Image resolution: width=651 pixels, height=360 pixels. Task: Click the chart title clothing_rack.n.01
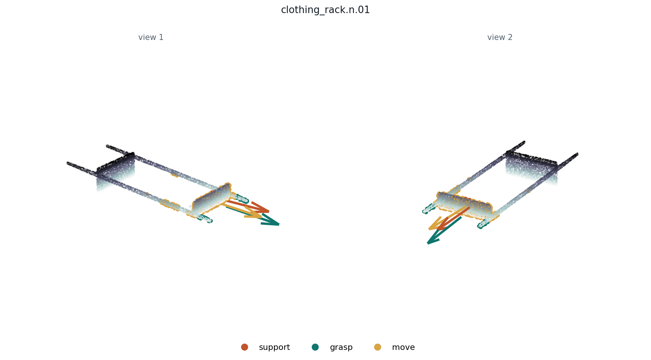pos(325,10)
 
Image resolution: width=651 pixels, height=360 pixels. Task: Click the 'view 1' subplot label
pos(151,37)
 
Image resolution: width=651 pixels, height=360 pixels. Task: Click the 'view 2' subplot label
pos(500,37)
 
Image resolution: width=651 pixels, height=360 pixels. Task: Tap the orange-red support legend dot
pos(244,347)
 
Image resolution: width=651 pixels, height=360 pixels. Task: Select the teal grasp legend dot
pos(315,347)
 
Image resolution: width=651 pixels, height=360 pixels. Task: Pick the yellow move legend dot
pos(377,347)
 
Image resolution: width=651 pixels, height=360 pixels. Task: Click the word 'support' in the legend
pos(274,347)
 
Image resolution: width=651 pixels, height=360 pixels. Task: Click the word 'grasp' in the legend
pos(341,347)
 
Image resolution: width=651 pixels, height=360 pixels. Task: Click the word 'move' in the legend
pos(403,347)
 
